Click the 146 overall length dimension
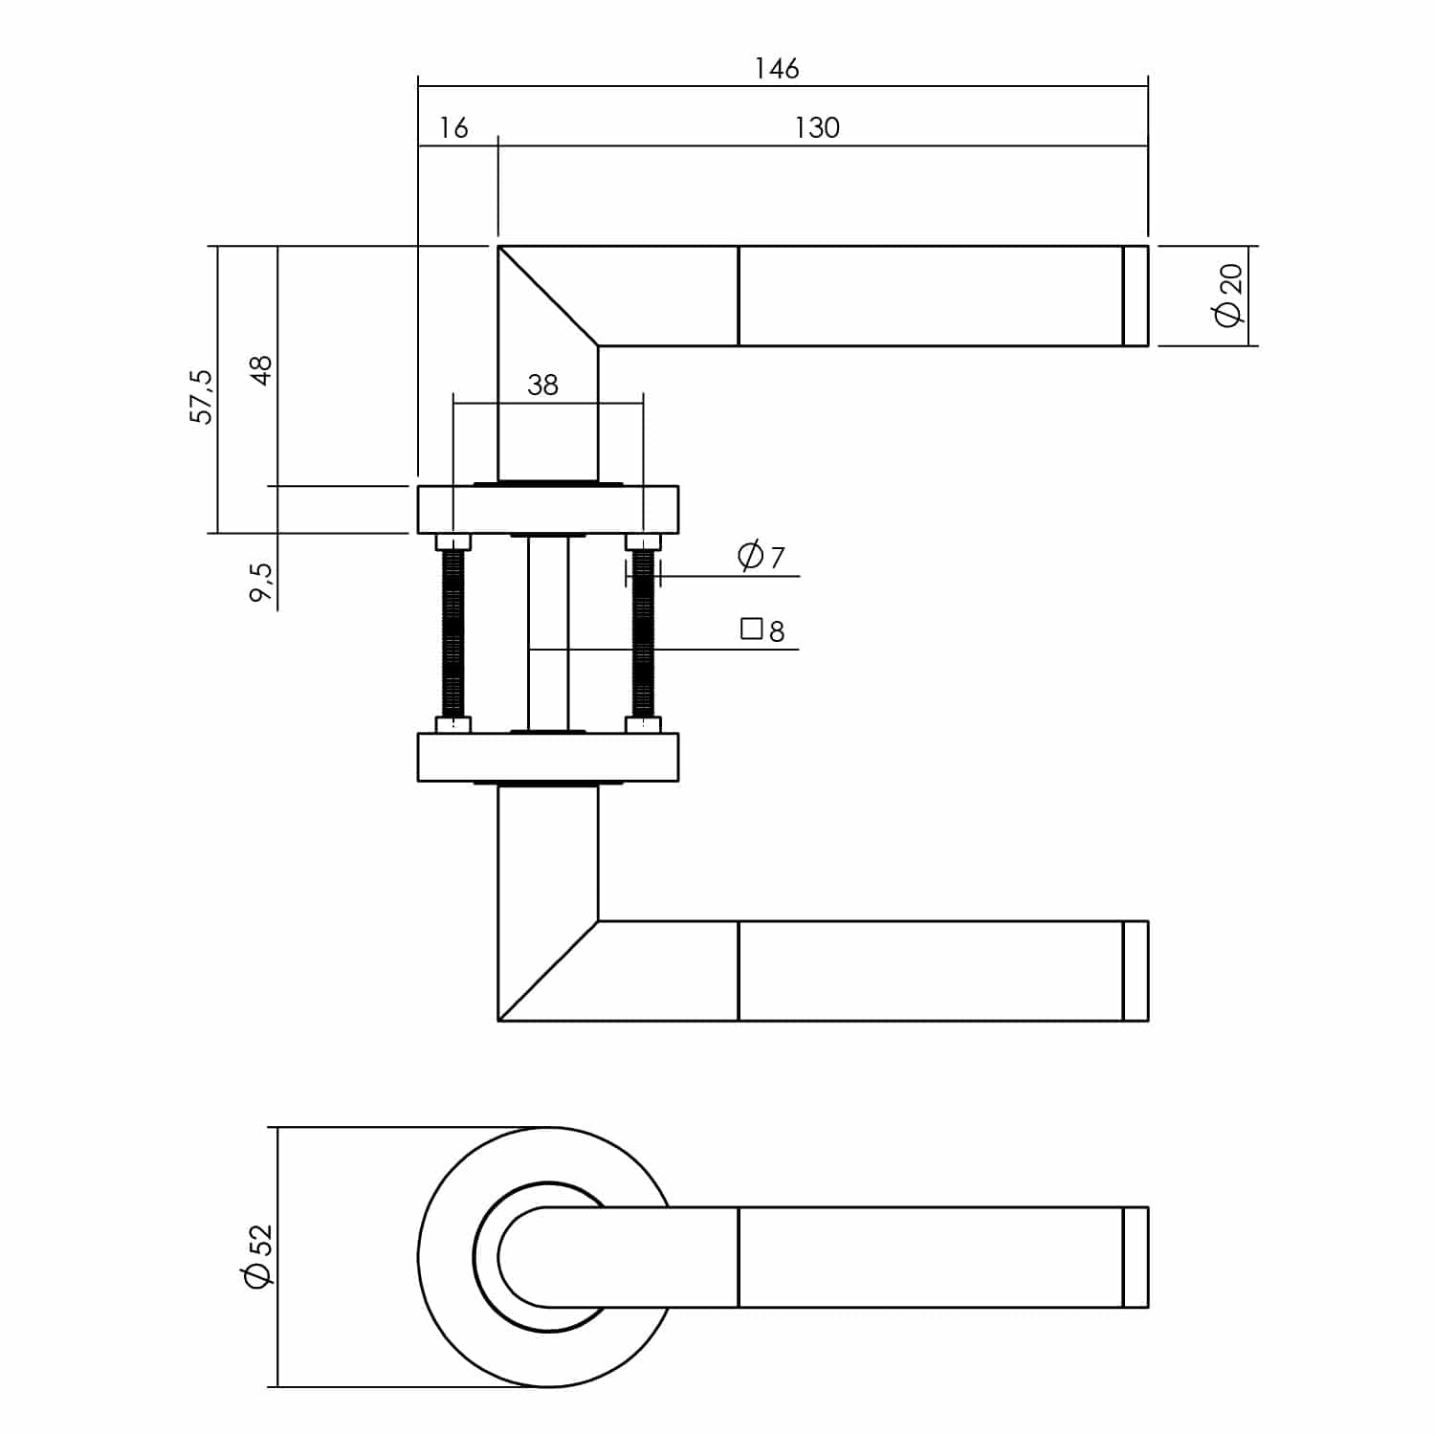(776, 69)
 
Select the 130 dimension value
(817, 127)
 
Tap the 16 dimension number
(453, 127)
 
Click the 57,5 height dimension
(202, 396)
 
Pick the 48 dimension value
(260, 369)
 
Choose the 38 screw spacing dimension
(542, 385)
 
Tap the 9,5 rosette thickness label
(260, 582)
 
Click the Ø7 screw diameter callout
(762, 556)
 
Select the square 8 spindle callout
(763, 630)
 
